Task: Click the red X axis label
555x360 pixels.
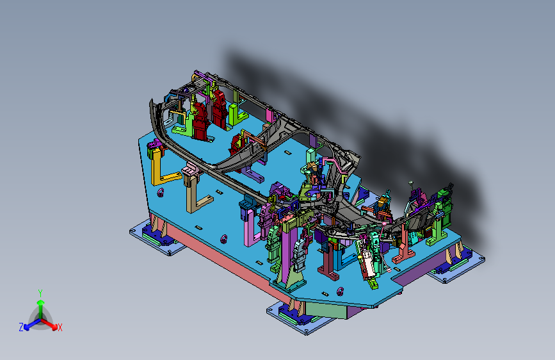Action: (x=60, y=328)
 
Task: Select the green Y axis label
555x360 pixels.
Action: (x=40, y=293)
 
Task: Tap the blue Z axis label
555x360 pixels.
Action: (x=21, y=327)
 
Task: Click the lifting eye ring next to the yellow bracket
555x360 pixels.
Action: (x=160, y=192)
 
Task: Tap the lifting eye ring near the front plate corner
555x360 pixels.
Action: (x=340, y=291)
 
